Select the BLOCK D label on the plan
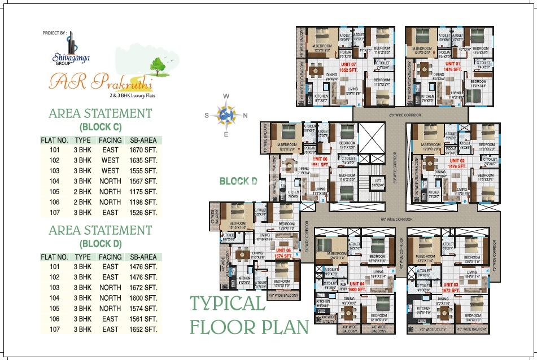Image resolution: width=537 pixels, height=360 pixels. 238,181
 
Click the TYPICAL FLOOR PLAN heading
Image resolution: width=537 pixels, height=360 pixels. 249,315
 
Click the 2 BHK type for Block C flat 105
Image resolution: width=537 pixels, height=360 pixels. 83,192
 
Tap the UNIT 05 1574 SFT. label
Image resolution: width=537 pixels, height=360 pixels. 284,252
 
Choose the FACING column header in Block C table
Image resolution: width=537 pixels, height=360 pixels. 110,140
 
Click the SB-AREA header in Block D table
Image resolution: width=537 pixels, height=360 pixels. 143,257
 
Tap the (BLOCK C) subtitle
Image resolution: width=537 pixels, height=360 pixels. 101,126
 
